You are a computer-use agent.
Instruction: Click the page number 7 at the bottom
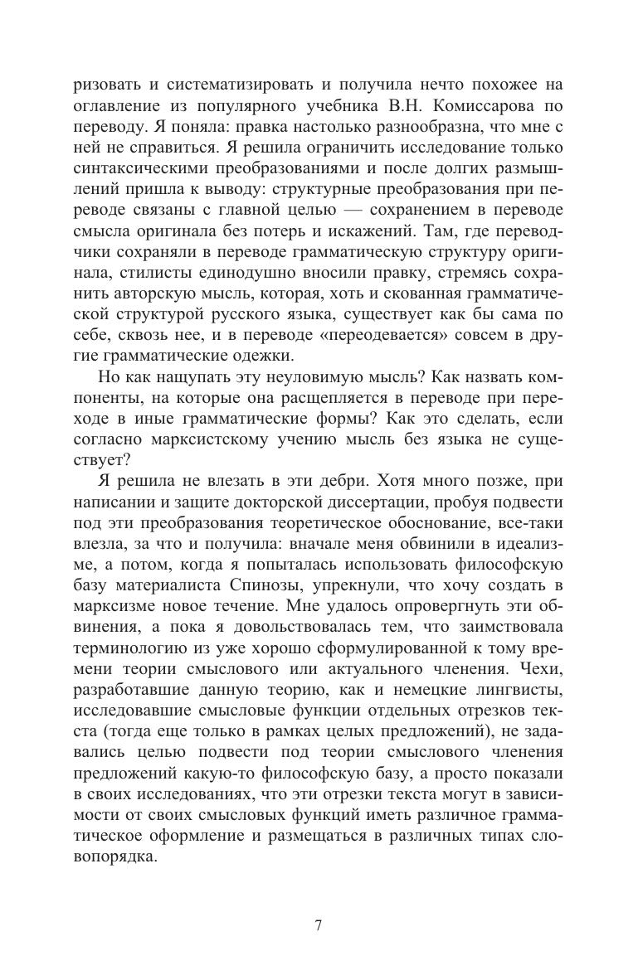(x=319, y=926)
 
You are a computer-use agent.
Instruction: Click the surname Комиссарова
(x=476, y=106)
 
